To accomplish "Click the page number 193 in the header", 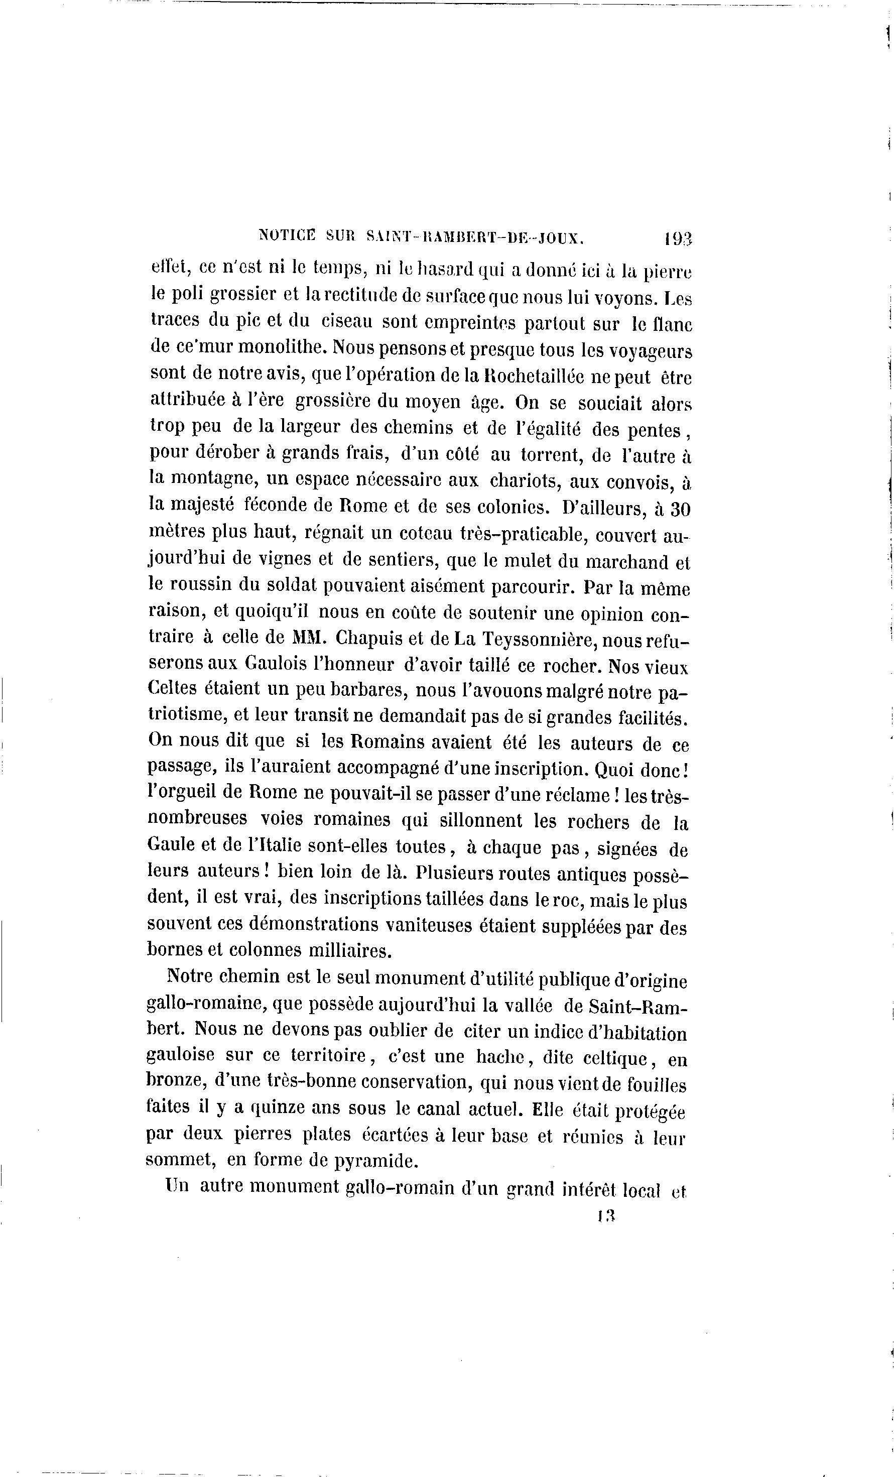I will (678, 239).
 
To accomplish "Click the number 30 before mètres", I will (680, 509).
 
